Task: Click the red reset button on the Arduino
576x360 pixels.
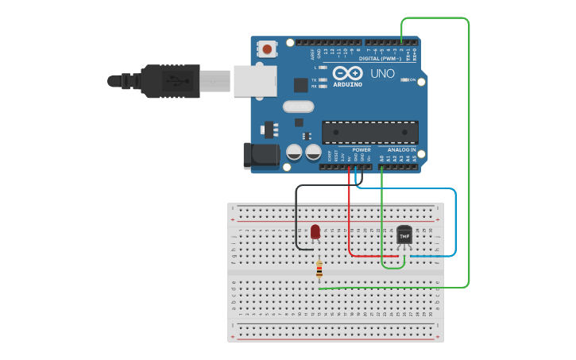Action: [267, 49]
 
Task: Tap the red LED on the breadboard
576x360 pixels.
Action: [315, 231]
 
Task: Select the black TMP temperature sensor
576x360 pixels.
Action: [404, 236]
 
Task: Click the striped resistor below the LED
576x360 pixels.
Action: [319, 270]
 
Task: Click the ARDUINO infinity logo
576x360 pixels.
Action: [346, 73]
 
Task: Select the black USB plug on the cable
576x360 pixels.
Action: [170, 81]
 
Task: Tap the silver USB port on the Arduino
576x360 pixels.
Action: [254, 81]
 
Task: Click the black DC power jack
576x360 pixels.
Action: [261, 156]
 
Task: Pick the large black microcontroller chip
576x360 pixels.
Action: [370, 133]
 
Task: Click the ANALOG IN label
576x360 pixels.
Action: [401, 149]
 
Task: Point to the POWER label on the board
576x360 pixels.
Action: [361, 149]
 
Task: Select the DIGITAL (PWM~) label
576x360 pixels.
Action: [380, 58]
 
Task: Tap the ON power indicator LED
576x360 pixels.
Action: [405, 80]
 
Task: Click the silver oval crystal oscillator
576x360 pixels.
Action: [299, 106]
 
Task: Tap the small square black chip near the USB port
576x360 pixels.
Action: [300, 84]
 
